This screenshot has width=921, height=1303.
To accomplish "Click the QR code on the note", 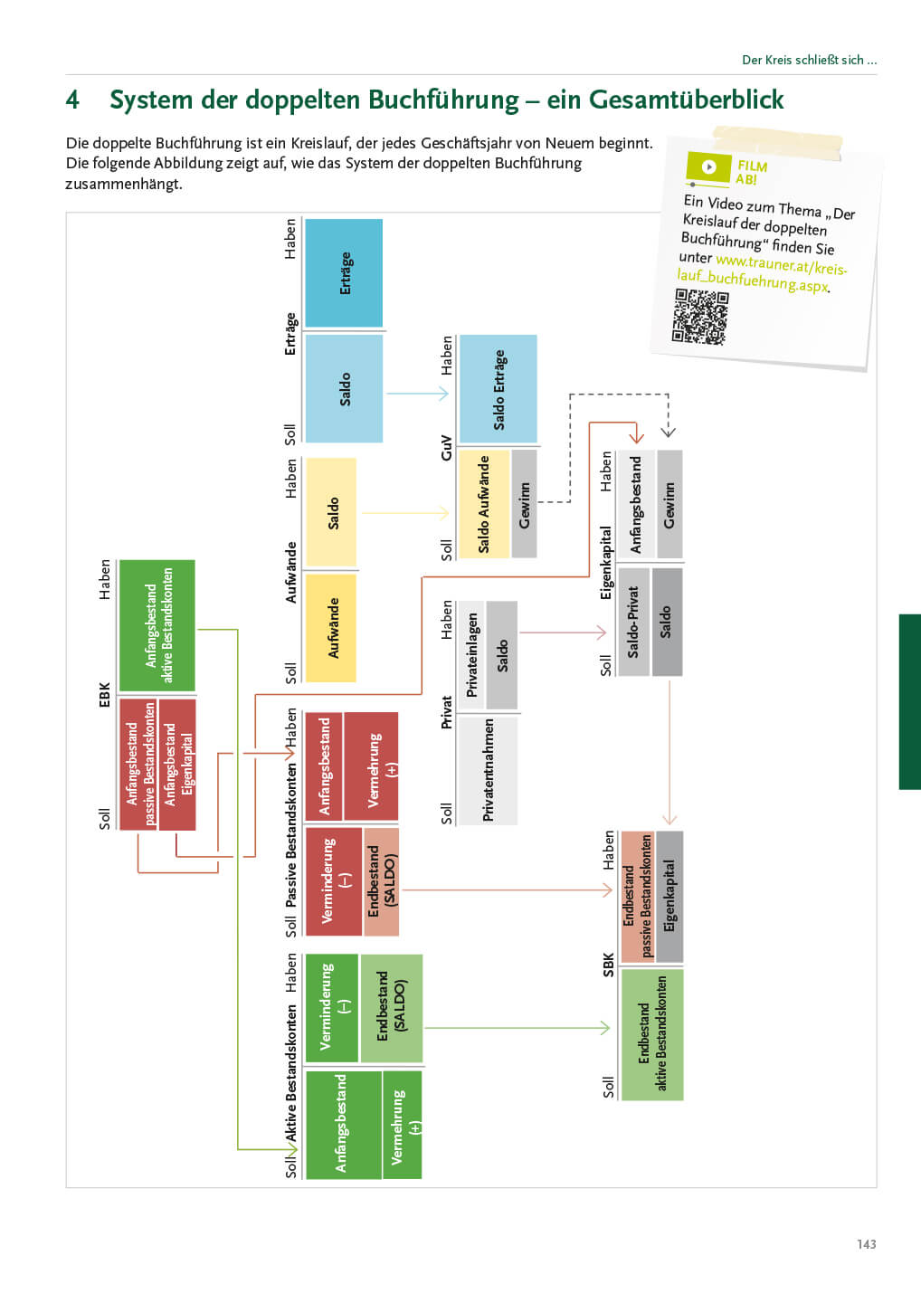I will tap(699, 317).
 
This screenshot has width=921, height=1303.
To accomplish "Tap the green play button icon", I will tap(709, 166).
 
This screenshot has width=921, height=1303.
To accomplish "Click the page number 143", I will tap(866, 1244).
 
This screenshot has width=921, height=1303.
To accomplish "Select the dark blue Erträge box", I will tap(344, 273).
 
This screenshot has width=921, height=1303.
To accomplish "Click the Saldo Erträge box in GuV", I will tap(498, 389).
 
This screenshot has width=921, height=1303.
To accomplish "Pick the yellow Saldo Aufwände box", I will tap(483, 504).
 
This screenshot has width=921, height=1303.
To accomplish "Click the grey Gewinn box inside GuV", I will tap(524, 504).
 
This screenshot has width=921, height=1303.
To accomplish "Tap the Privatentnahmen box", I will tap(488, 770).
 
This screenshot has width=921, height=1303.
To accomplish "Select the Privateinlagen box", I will tap(471, 655).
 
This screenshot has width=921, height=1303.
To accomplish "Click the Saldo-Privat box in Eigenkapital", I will tap(633, 622).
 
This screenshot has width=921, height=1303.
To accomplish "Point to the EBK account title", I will tap(104, 695).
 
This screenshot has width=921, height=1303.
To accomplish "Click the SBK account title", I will tap(608, 965).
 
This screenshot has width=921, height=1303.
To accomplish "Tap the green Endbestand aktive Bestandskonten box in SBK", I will tap(651, 1033).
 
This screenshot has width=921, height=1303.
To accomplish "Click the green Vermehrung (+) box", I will tap(402, 1125).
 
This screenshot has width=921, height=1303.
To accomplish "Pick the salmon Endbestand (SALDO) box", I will tap(381, 880).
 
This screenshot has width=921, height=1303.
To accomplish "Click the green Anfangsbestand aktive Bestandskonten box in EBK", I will tap(157, 625).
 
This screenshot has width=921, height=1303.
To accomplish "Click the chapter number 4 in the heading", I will tap(72, 100).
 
